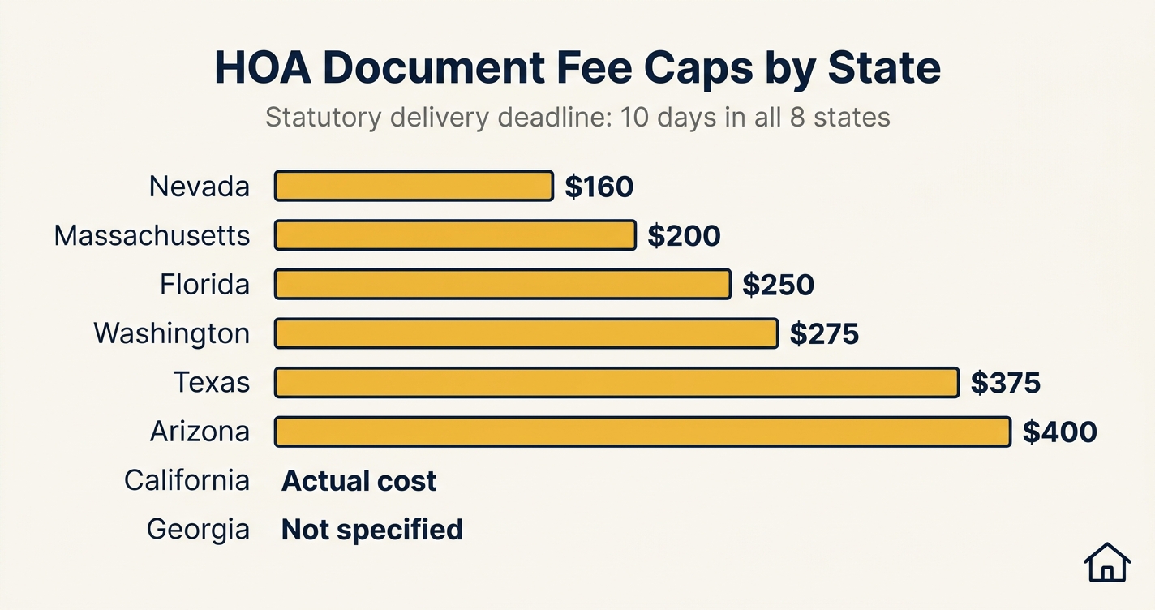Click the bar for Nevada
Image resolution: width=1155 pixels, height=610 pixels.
click(414, 186)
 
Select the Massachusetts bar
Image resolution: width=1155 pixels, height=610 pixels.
click(455, 235)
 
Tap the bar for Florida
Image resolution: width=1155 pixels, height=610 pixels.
click(503, 285)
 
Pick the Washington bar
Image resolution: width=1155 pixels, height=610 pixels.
click(526, 333)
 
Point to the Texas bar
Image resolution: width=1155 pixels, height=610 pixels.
click(616, 382)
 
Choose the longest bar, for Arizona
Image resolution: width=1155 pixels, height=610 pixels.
click(642, 432)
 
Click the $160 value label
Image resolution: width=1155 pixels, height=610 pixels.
click(599, 187)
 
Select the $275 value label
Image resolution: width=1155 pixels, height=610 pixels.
click(824, 334)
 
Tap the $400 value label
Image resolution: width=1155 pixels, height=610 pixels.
click(1059, 432)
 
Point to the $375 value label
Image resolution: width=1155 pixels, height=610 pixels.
click(1005, 383)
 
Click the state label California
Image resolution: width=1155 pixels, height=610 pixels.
click(187, 480)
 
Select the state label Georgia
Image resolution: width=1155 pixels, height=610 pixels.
click(198, 530)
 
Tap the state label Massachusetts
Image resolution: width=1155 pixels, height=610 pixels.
click(152, 236)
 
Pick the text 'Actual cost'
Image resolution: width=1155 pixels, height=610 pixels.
click(359, 481)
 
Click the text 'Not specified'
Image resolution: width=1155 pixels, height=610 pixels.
click(371, 530)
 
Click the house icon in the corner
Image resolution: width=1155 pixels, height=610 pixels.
click(1107, 562)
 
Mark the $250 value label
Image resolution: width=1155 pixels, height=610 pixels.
click(778, 285)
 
